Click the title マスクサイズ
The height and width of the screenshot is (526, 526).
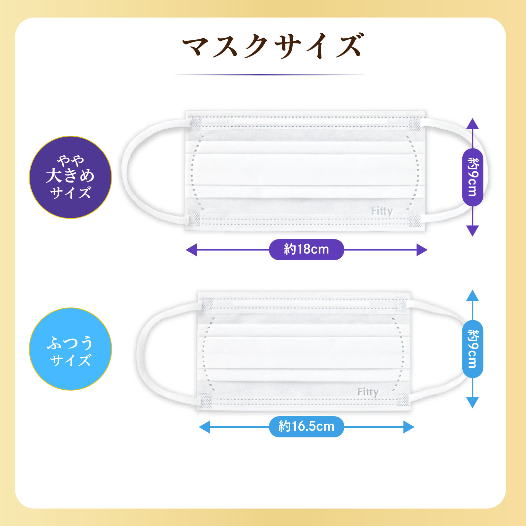(x=273, y=46)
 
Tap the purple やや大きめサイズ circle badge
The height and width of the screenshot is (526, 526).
(x=70, y=177)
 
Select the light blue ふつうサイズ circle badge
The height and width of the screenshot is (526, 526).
(x=70, y=349)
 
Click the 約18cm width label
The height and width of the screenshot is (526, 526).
(x=306, y=250)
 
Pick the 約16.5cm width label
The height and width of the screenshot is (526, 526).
(x=306, y=427)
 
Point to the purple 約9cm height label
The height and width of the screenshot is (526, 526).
(x=472, y=177)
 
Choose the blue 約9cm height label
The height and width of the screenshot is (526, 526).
(x=472, y=349)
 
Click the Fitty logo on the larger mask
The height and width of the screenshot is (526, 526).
(x=382, y=211)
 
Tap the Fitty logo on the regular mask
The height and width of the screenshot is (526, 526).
(x=368, y=392)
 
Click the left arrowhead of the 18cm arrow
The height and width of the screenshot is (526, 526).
(x=191, y=250)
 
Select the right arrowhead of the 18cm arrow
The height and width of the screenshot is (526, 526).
(x=422, y=250)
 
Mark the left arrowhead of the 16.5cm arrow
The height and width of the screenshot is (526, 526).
(x=204, y=427)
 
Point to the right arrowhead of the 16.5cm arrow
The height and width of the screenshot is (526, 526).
(x=409, y=427)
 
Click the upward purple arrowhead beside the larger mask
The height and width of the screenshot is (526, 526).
(x=473, y=124)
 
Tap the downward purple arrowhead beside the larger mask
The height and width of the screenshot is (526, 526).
(x=473, y=231)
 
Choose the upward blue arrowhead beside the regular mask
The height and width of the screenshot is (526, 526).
(x=473, y=295)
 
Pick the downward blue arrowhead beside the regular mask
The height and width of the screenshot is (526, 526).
(x=473, y=402)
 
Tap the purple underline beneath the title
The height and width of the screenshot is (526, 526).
(x=269, y=74)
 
